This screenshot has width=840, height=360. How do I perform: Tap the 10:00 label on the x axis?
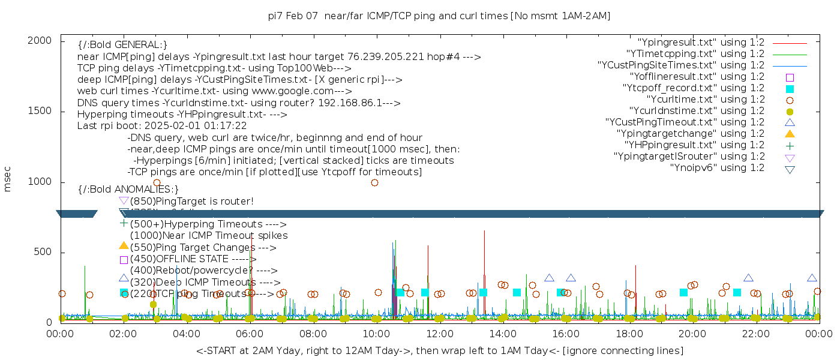pos(376,333)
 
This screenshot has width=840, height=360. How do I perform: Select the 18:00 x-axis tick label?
pos(629,333)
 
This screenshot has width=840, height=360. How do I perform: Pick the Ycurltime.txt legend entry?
pos(705,100)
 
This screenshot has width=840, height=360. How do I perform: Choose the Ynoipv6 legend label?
pos(717,168)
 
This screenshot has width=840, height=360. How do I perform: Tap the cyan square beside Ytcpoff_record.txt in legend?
pos(790,89)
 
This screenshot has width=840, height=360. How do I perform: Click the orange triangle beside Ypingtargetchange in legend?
pos(790,134)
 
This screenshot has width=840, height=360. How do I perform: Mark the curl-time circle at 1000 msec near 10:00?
pos(374,183)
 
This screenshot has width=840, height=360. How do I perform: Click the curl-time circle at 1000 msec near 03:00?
pos(157,183)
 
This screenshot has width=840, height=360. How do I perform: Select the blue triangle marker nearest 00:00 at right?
pos(812,278)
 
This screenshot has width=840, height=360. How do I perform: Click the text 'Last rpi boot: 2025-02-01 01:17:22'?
pos(162,126)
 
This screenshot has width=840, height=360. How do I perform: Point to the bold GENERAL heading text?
pos(122,46)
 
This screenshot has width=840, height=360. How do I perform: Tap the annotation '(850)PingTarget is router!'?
pos(191,201)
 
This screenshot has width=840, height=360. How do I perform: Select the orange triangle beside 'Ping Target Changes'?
pos(124,245)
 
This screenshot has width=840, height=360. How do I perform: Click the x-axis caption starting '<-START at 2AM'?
pos(439,350)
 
